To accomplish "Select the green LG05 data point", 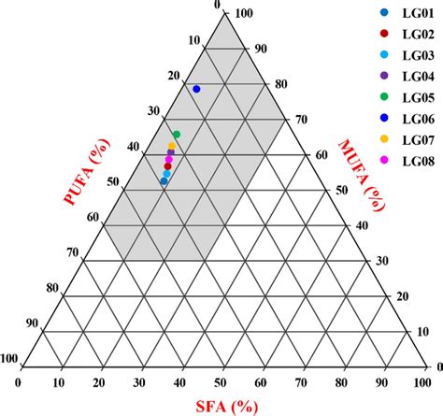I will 176,136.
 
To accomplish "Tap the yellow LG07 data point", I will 172,146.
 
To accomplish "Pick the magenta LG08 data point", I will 169,160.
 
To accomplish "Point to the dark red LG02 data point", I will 168,166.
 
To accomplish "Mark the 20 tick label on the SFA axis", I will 100,383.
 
